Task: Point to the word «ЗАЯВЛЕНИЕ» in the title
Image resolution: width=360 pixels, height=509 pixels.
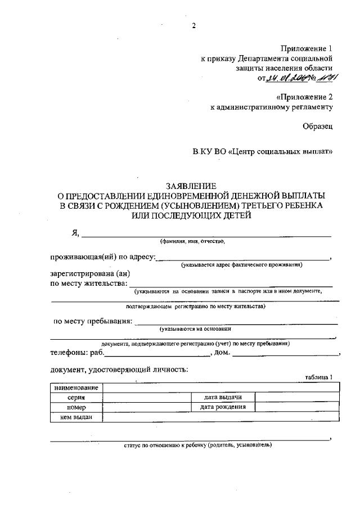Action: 191,186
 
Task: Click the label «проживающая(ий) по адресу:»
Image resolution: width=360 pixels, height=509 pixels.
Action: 102,257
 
